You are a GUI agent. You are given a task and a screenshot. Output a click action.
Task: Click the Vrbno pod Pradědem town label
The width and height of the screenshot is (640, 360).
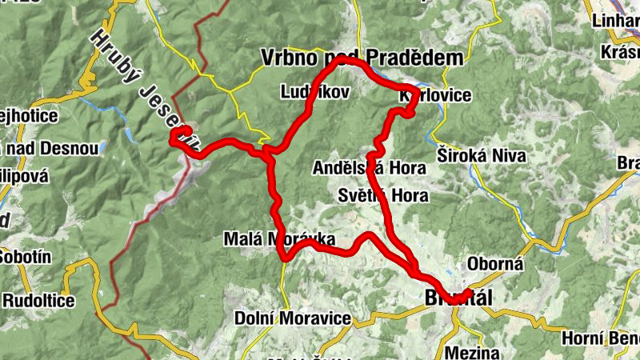pyautogui.click(x=362, y=58)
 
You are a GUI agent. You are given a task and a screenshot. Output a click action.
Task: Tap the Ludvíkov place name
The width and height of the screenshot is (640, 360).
pyautogui.click(x=315, y=93)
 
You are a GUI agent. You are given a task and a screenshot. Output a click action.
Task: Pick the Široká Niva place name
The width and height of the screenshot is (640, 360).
pyautogui.click(x=473, y=153)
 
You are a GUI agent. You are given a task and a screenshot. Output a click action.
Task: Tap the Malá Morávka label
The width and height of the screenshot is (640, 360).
pyautogui.click(x=280, y=239)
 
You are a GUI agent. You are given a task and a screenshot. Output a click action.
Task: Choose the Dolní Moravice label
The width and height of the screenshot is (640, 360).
pyautogui.click(x=293, y=318)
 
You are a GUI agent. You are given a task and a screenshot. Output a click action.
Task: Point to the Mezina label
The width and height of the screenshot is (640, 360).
pyautogui.click(x=474, y=352)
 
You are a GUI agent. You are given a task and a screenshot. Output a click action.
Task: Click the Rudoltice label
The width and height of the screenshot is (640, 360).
pyautogui.click(x=38, y=301)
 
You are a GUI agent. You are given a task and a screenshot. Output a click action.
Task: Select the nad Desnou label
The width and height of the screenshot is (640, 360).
pyautogui.click(x=50, y=149)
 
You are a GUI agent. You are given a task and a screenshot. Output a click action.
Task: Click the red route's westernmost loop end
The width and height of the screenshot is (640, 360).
pyautogui.click(x=173, y=140)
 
